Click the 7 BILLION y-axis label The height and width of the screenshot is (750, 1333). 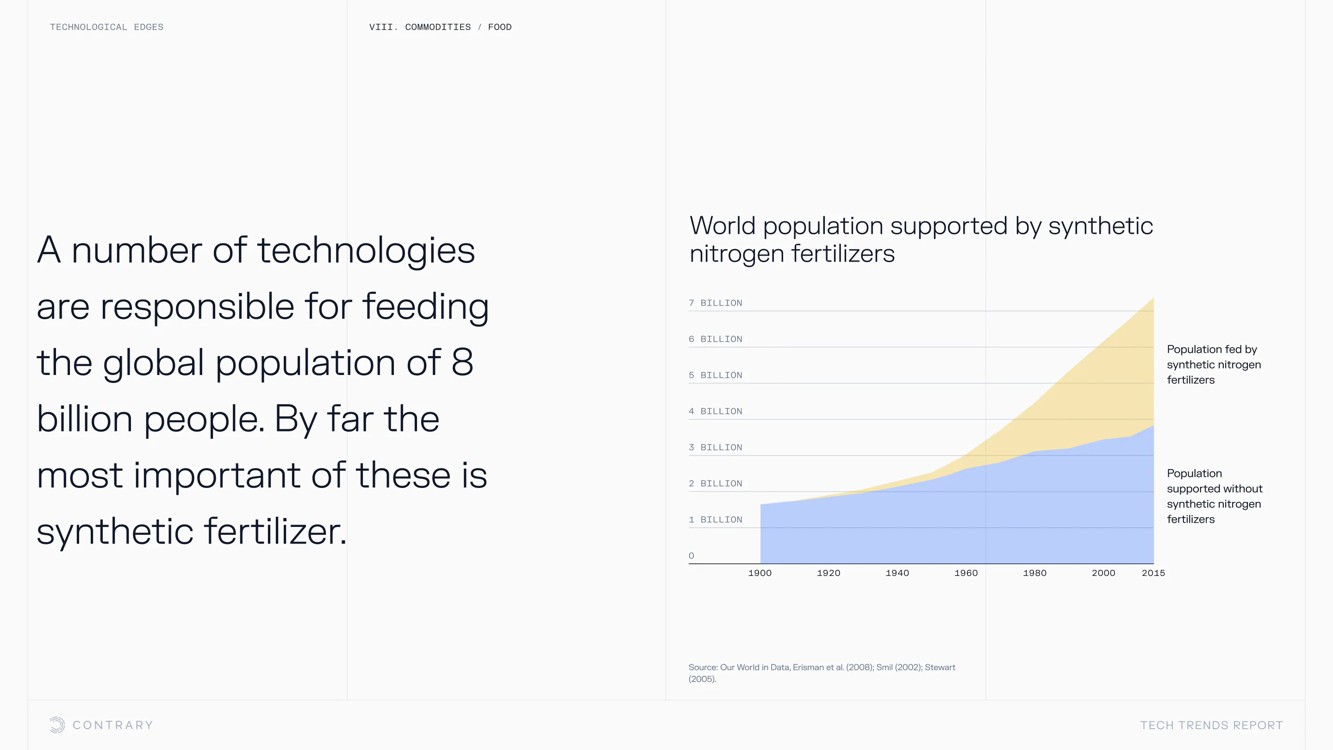coord(715,303)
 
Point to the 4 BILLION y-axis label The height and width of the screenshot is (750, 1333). coord(715,411)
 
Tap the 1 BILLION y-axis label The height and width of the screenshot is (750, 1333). coord(715,519)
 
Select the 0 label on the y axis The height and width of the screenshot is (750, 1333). coord(691,556)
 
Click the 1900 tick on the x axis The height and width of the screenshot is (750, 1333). coord(760,573)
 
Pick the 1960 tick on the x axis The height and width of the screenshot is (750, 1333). coord(966,573)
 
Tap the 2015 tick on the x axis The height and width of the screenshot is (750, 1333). coord(1153,573)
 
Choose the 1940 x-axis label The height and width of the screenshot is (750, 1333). coord(897,573)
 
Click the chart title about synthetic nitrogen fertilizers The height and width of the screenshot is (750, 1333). coord(921,240)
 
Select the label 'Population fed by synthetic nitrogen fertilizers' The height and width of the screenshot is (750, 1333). coord(1214,364)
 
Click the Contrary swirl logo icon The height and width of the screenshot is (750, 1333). coord(57,725)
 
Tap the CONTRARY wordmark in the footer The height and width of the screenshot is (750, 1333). coord(113,725)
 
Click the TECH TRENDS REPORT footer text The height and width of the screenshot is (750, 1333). coord(1211,725)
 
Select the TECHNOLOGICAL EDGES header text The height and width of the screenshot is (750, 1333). coord(106,27)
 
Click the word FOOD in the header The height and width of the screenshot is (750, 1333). coord(499,27)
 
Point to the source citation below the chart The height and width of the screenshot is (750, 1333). coord(822,673)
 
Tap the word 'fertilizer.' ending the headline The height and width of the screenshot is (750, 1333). coord(275,531)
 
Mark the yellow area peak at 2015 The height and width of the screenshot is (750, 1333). coord(1153,298)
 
